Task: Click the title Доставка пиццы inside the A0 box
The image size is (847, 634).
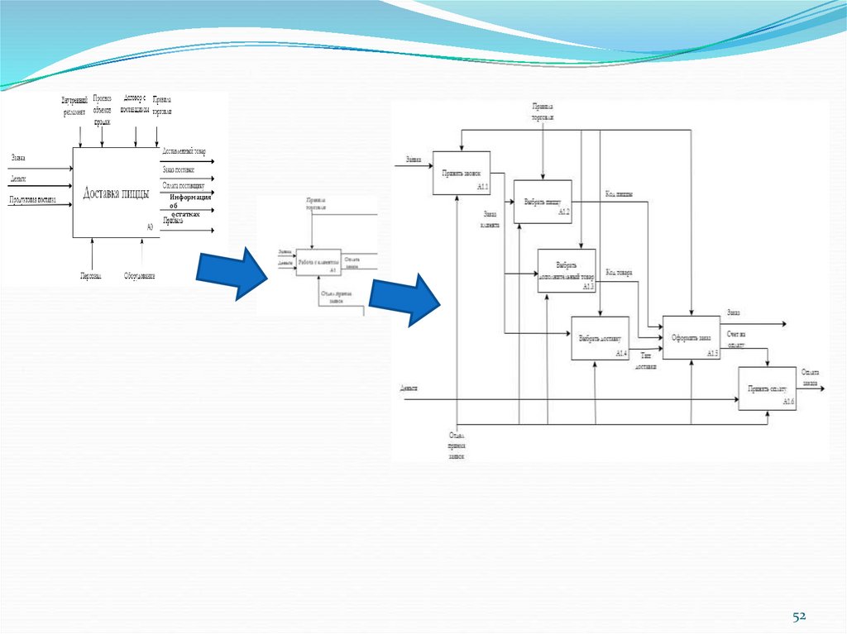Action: [x=116, y=194]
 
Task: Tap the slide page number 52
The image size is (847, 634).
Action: [x=799, y=616]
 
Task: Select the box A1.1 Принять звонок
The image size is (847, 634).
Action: [x=462, y=173]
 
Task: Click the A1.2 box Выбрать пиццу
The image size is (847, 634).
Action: [x=543, y=202]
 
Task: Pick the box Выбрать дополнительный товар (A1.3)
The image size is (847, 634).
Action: [x=567, y=270]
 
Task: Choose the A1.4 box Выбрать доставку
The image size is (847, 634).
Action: [x=600, y=338]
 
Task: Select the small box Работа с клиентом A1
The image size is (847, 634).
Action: [x=316, y=262]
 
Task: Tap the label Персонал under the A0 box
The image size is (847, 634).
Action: [x=91, y=275]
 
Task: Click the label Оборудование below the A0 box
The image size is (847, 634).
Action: [x=140, y=275]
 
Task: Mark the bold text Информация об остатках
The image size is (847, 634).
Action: [x=189, y=205]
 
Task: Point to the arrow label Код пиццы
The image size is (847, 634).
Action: [x=620, y=194]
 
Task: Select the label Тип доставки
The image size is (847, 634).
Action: [x=646, y=360]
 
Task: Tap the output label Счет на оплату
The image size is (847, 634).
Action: [x=736, y=337]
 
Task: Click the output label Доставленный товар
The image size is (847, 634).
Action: [x=184, y=151]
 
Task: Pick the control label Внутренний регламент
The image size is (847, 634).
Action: [x=73, y=106]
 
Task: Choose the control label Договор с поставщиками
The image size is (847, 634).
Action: [x=135, y=102]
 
